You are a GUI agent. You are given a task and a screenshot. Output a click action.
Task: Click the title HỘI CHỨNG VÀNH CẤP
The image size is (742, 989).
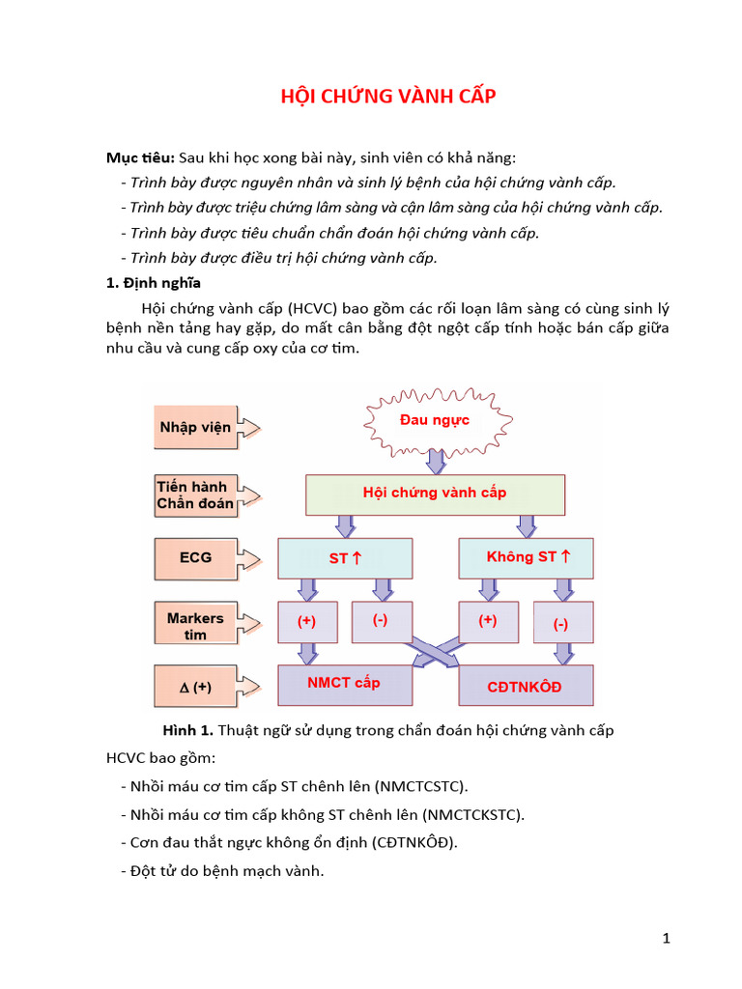(x=387, y=97)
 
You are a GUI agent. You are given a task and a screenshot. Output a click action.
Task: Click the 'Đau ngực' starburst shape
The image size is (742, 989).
(x=435, y=421)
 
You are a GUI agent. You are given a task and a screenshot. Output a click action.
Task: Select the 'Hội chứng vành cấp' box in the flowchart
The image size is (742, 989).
(x=435, y=494)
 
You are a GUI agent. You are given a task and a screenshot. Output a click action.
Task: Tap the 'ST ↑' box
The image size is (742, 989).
(x=345, y=558)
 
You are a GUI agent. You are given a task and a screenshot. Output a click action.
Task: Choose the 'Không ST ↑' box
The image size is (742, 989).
(x=527, y=558)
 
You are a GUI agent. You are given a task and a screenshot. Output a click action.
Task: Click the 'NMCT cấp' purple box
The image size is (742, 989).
(x=345, y=684)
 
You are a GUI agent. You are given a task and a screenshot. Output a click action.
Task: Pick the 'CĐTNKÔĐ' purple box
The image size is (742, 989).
(x=526, y=686)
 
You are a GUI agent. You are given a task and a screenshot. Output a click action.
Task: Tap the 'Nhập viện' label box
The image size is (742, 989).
(x=196, y=427)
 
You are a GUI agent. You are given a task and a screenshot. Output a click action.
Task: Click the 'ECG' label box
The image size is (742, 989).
(x=196, y=558)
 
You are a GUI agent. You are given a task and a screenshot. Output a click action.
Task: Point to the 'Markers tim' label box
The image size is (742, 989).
(x=195, y=625)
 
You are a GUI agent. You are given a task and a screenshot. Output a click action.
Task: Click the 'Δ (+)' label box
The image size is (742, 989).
(x=196, y=688)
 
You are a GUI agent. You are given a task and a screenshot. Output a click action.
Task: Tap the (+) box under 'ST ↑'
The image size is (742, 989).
(x=307, y=623)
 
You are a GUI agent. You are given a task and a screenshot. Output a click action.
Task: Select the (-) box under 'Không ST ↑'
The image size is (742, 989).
(x=561, y=624)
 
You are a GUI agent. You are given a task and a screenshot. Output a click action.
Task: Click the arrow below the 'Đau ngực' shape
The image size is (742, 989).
(x=435, y=462)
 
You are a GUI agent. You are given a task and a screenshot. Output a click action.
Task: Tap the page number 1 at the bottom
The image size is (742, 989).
(x=666, y=938)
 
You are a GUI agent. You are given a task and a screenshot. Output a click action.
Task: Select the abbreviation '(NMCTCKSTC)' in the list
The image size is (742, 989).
(x=476, y=814)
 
